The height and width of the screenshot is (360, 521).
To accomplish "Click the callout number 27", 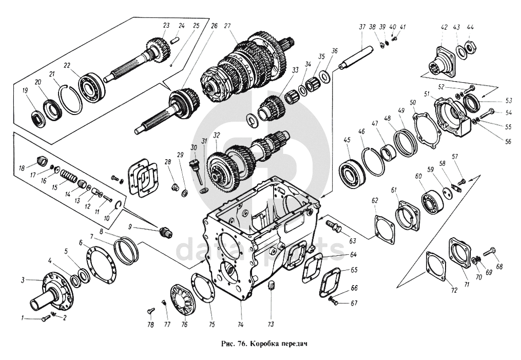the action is click(227, 26).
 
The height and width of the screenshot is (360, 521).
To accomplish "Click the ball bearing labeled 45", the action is click(352, 173).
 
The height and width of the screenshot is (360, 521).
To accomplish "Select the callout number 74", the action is click(241, 325).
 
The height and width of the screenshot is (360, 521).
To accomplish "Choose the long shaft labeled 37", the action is click(356, 59).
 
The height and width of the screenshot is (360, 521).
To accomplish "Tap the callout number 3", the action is click(23, 280).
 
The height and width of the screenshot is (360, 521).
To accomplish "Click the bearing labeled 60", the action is click(433, 201).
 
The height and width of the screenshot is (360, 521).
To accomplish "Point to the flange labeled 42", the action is click(442, 63).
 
